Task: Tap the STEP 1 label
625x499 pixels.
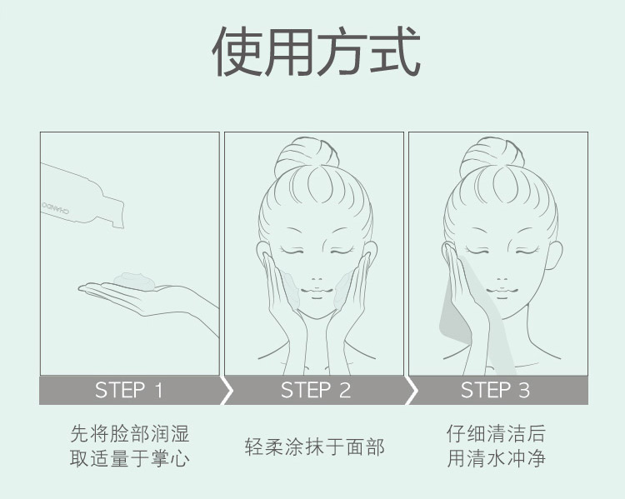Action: (129, 390)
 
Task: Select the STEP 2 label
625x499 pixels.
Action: (316, 390)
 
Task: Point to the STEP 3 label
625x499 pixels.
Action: (495, 390)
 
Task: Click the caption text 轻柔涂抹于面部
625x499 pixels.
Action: (315, 447)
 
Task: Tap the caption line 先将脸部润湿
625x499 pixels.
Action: (130, 434)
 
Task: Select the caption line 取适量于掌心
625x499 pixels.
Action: (130, 458)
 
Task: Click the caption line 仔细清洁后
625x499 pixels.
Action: (496, 434)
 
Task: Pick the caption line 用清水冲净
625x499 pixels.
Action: (496, 458)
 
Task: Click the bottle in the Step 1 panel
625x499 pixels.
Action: (79, 196)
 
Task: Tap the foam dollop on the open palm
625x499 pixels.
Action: (133, 279)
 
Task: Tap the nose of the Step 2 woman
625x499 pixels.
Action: (316, 277)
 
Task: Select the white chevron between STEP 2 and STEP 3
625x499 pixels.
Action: (410, 390)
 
